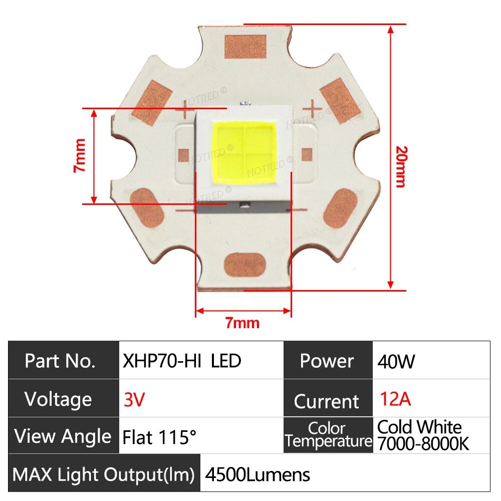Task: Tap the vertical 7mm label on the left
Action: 81,155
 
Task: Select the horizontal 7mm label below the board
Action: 242,323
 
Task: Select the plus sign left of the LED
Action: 185,106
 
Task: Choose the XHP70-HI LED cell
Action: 182,361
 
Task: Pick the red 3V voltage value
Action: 134,399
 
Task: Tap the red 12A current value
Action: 395,399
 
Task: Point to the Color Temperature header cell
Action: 328,435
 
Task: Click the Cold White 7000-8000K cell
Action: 423,435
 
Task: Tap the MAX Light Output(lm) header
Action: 104,474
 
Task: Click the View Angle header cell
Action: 63,436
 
